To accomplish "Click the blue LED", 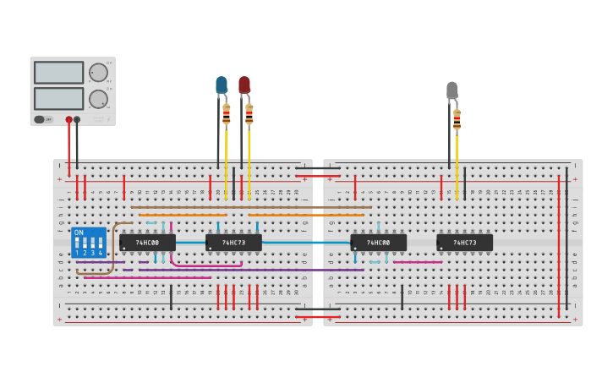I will [222, 85].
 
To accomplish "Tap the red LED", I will [244, 85].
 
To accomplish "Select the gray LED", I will [452, 90].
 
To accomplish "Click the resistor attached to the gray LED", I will [457, 120].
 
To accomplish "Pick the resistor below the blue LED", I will [226, 114].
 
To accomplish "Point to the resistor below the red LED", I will [249, 114].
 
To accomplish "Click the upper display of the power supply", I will [58, 73].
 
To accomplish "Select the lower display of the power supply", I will [58, 98].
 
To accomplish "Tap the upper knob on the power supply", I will [99, 73].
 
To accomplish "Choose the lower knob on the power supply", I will [99, 98].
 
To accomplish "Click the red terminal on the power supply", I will [69, 119].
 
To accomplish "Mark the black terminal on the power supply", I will [77, 119].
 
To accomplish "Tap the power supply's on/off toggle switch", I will [40, 119].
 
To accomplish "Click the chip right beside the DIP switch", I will [147, 243].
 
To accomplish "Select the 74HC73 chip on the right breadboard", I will [464, 243].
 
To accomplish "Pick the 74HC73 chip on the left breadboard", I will [233, 243].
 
